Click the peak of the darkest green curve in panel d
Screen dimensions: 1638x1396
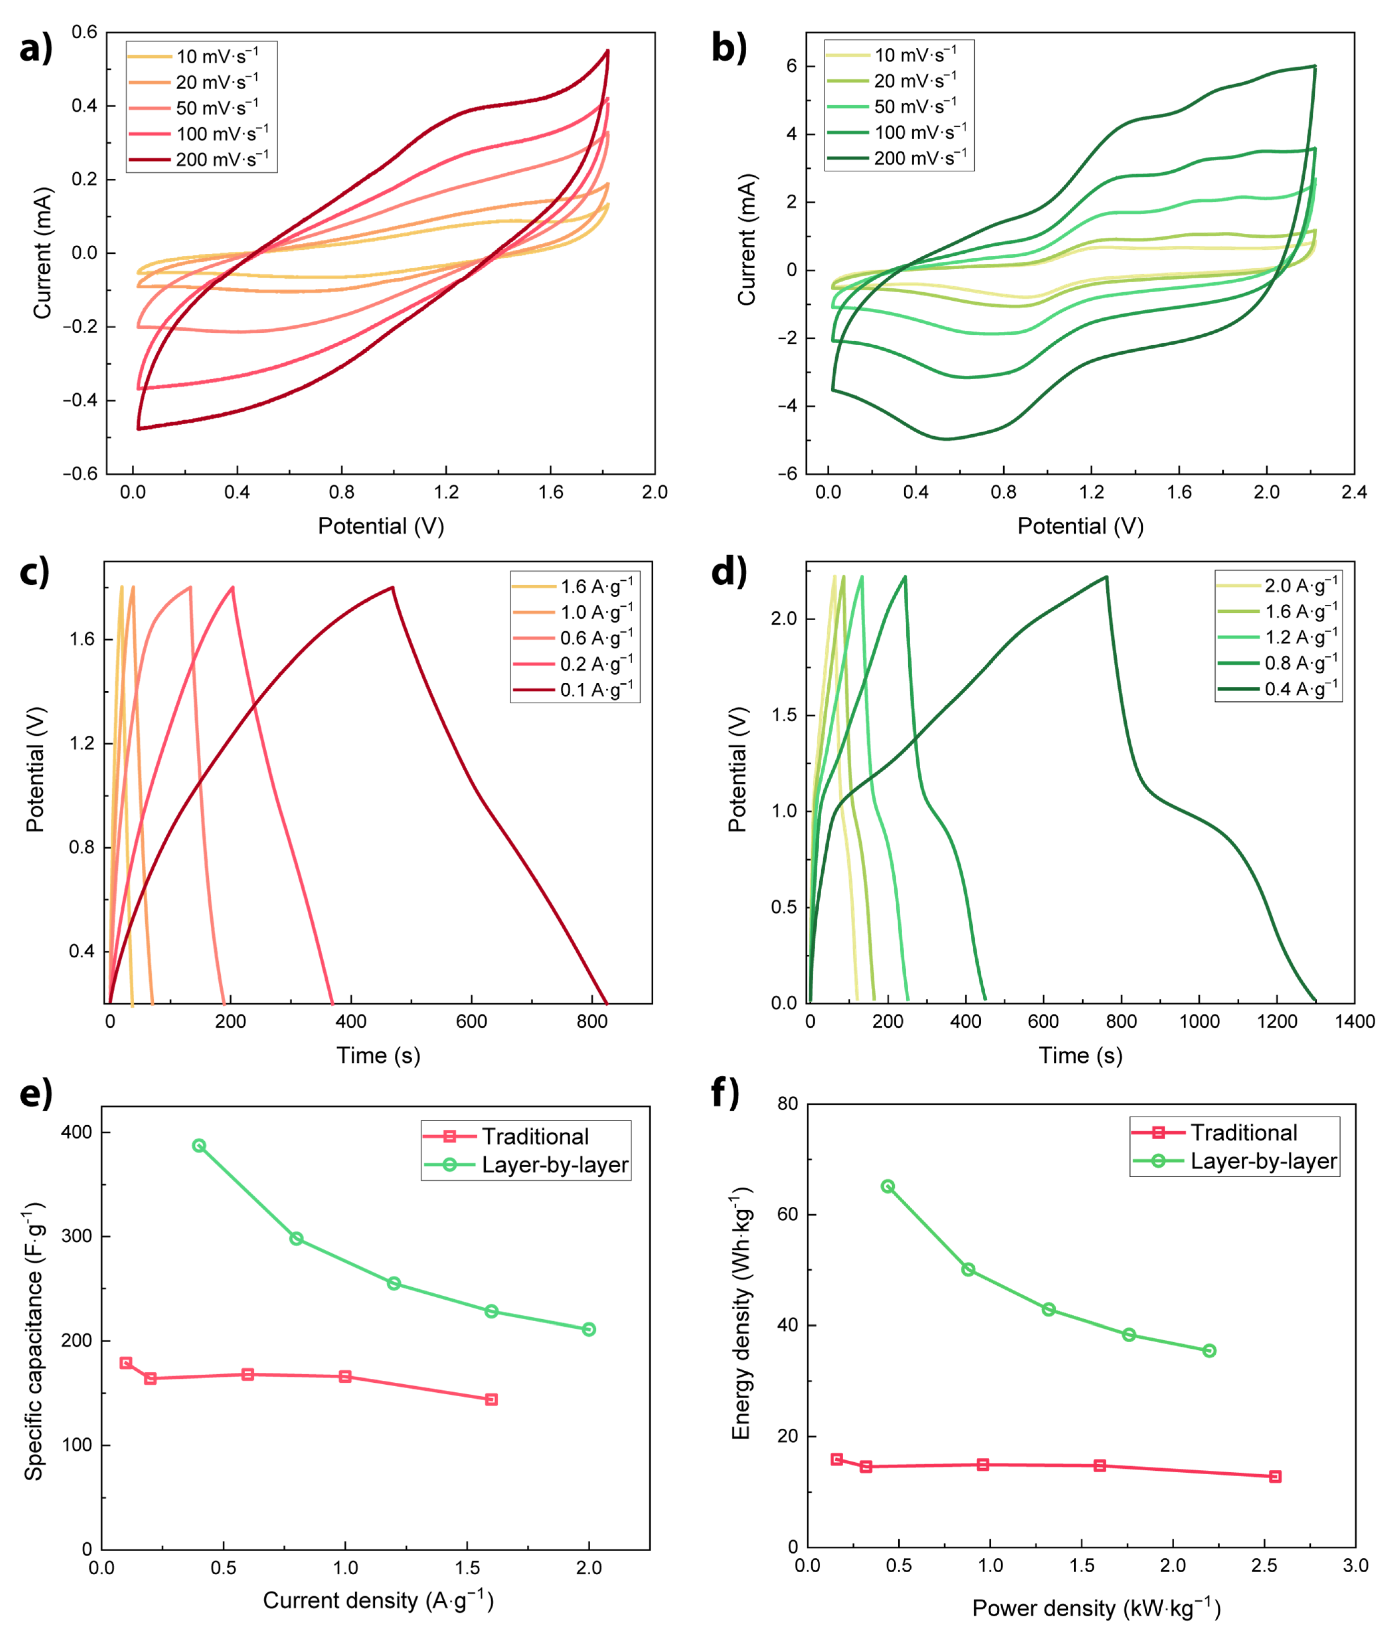[x=1107, y=576]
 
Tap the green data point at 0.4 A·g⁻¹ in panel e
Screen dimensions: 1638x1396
[x=199, y=1146]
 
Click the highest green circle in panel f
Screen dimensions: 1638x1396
[x=888, y=1187]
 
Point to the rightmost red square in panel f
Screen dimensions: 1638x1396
[x=1275, y=1477]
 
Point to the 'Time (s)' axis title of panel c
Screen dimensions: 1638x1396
[x=379, y=1055]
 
